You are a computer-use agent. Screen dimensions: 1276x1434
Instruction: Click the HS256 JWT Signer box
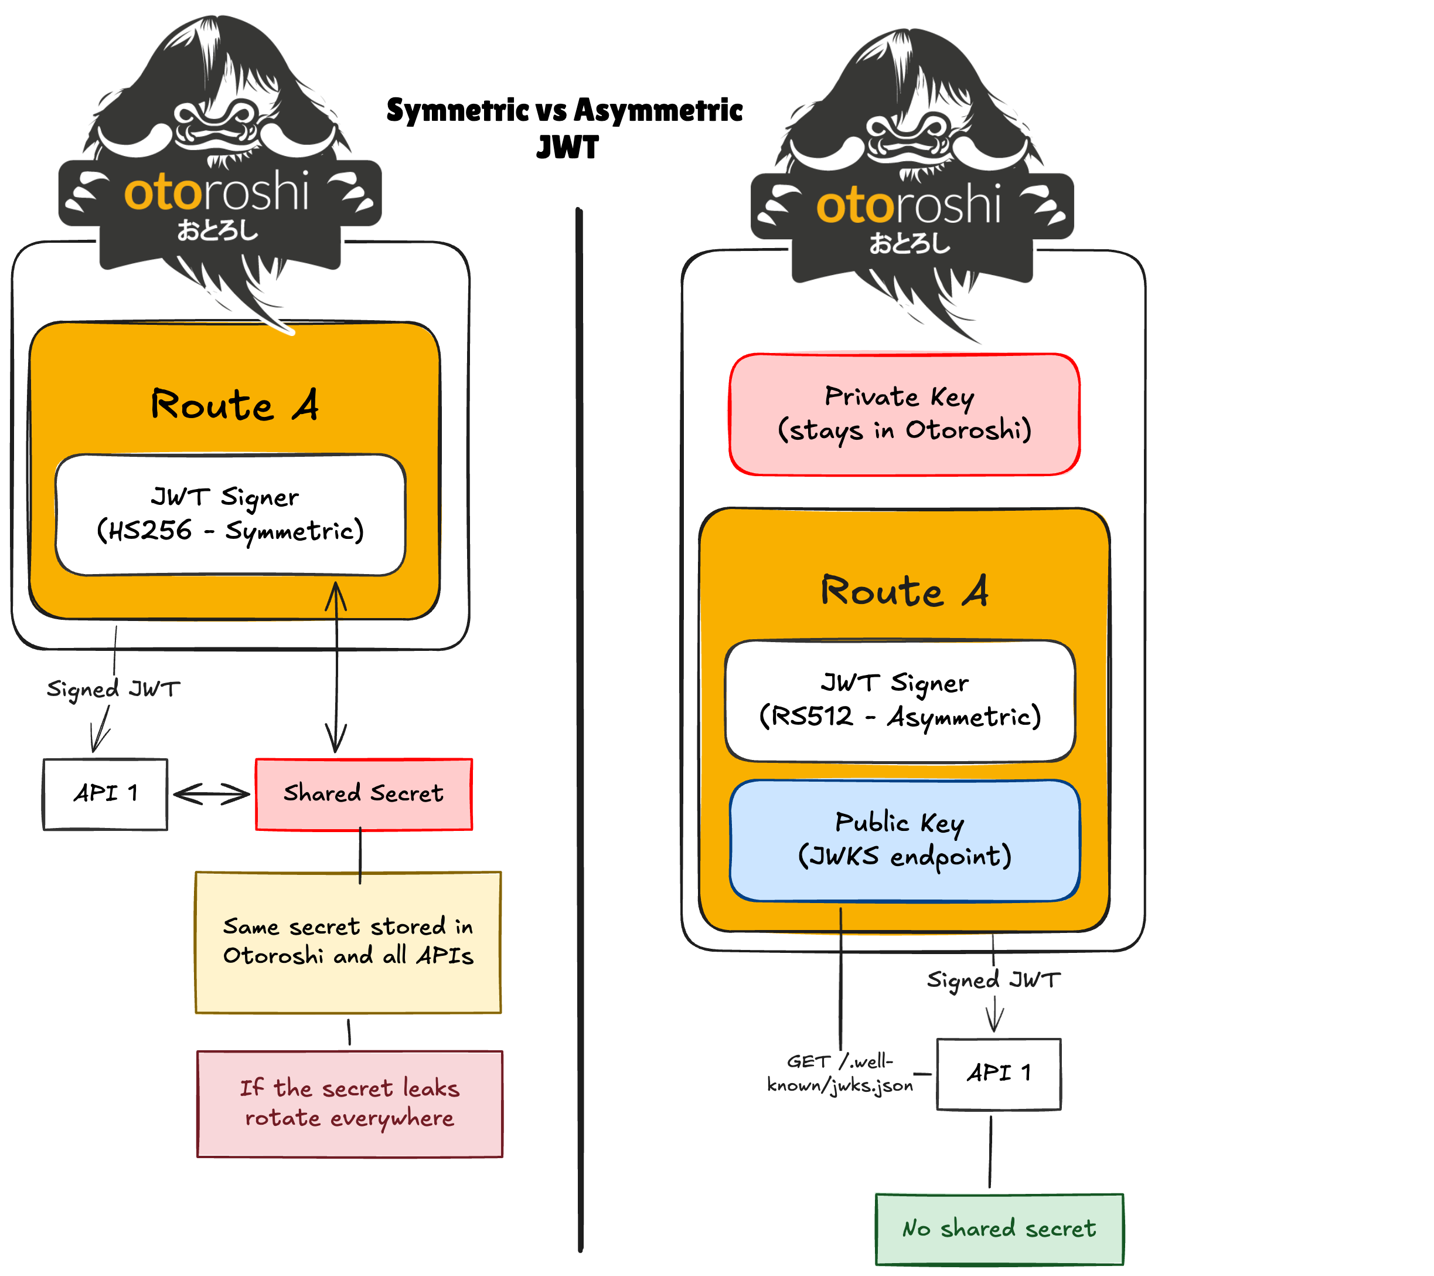click(x=230, y=514)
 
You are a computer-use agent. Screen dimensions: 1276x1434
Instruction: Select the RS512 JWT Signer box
click(x=900, y=701)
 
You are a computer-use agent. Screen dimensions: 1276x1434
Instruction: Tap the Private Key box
click(x=904, y=414)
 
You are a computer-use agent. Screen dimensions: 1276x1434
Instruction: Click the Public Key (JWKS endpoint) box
click(x=904, y=840)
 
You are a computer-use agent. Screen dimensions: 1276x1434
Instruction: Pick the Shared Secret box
click(x=363, y=794)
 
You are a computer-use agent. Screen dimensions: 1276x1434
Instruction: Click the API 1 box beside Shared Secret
click(x=105, y=794)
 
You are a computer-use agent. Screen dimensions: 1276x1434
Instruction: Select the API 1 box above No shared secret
click(x=999, y=1073)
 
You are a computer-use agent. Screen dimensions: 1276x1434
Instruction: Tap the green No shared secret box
click(x=999, y=1229)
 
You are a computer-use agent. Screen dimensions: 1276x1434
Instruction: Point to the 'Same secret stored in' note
click(x=348, y=942)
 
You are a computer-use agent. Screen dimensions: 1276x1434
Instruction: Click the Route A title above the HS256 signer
click(x=234, y=405)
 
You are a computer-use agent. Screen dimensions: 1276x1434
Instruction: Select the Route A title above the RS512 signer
click(x=904, y=591)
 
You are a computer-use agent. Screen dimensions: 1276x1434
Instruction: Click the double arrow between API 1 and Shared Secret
click(x=211, y=795)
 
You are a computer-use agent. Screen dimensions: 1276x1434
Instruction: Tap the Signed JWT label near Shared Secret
click(x=114, y=689)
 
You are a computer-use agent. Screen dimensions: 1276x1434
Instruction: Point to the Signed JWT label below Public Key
click(x=993, y=980)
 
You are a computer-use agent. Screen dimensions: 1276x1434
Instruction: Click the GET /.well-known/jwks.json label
click(x=839, y=1074)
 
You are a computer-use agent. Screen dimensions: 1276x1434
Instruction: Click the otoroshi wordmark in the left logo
click(x=216, y=192)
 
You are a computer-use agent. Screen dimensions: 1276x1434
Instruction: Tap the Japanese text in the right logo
click(x=910, y=243)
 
